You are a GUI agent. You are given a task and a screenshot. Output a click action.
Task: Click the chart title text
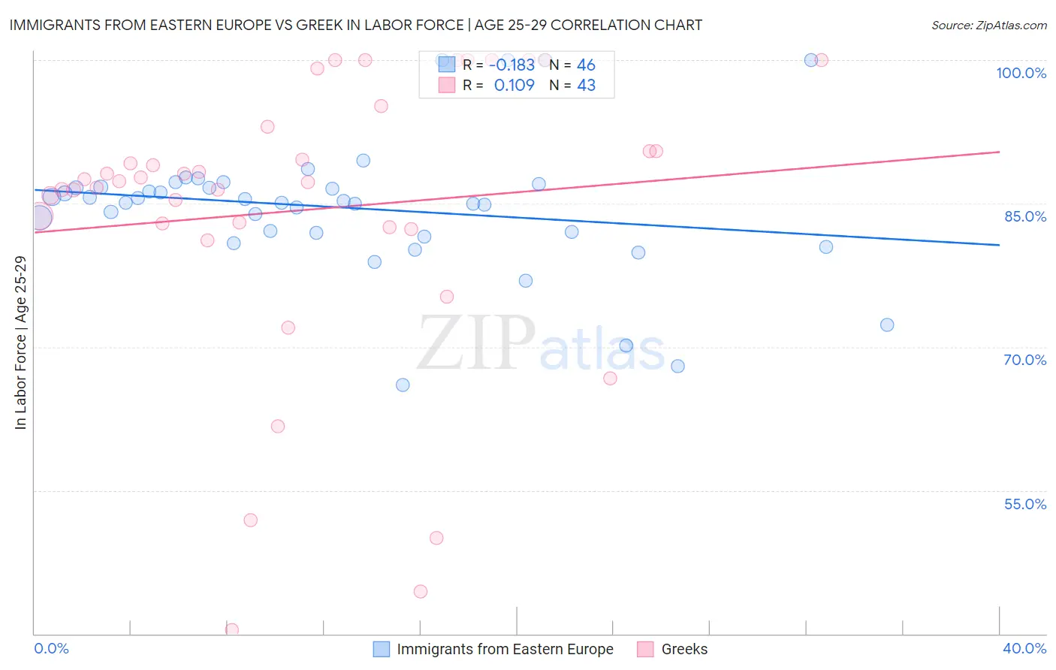pos(355,25)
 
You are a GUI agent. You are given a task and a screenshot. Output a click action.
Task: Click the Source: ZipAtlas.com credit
pos(988,26)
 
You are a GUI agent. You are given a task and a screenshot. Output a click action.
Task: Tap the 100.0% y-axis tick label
pos(1021,73)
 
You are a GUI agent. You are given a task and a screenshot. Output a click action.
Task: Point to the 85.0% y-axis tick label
pos(1024,216)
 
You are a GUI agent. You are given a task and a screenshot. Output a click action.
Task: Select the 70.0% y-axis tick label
pos(1024,360)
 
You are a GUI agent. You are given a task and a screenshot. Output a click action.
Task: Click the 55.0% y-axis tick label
pos(1024,504)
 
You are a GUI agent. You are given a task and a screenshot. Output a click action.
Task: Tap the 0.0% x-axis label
pos(51,649)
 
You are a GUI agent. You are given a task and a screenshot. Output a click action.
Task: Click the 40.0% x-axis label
pos(1024,649)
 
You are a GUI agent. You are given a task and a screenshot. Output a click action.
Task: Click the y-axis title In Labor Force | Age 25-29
pos(20,343)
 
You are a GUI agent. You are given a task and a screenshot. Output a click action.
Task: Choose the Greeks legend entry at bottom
pos(683,650)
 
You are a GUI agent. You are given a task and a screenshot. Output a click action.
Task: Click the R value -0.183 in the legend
pos(511,65)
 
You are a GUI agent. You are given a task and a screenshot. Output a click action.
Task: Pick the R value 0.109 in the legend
pos(514,86)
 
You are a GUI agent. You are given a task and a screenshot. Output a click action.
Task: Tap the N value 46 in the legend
pos(586,65)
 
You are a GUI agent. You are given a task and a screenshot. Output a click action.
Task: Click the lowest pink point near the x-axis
pos(232,630)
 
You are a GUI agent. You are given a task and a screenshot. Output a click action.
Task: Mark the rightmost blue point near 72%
pos(887,325)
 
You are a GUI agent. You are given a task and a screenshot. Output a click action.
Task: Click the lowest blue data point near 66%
pos(403,385)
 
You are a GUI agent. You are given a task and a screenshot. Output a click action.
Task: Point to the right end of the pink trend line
pos(999,152)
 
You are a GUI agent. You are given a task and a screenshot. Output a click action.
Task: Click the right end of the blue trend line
pos(999,245)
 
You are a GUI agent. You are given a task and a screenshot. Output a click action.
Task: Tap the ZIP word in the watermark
pos(476,344)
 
